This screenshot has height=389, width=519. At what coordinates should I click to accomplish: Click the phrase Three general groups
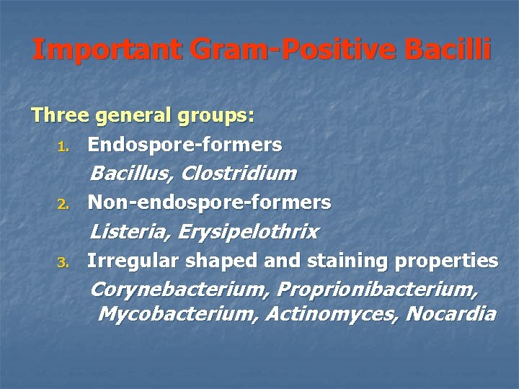143,116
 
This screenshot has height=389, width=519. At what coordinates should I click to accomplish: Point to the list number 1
63,147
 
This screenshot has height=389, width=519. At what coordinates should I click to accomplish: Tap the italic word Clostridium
239,174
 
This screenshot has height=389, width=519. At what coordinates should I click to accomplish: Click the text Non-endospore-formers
209,203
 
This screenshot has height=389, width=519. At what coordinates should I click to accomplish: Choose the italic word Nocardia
451,314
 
